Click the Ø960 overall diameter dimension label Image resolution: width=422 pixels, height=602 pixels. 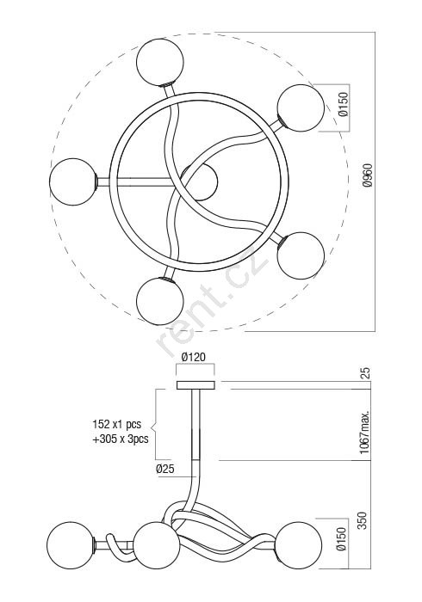(368, 175)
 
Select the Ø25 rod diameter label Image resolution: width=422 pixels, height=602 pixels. (164, 469)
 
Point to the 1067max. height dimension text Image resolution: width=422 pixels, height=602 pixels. (365, 432)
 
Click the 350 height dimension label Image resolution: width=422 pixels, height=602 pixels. (363, 520)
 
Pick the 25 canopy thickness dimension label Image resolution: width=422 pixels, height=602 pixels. (365, 372)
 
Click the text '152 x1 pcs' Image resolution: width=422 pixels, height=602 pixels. (117, 424)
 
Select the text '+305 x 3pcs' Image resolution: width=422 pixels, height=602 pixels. (121, 439)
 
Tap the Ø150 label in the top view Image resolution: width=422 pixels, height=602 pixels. (344, 104)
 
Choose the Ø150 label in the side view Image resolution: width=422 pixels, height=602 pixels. (341, 539)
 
